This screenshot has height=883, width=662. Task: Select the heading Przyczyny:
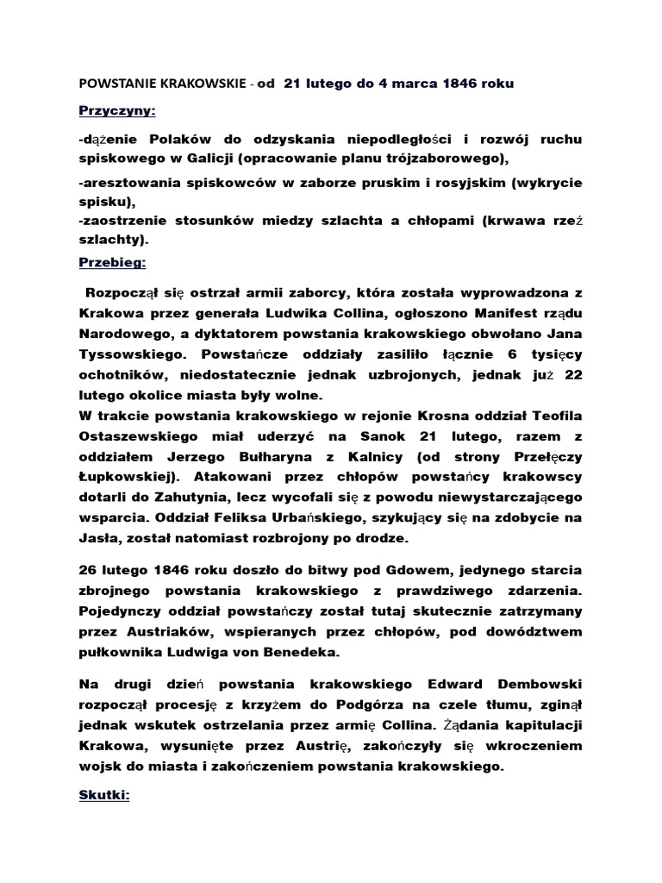click(111, 111)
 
